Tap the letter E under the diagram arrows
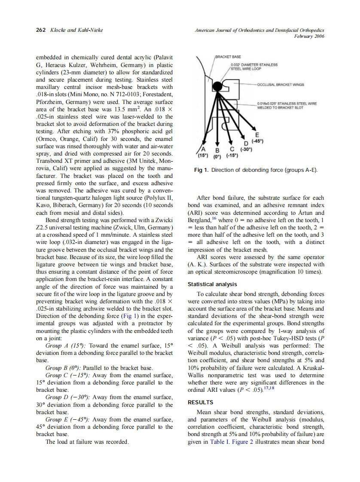click(256, 134)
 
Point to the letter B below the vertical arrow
click(217, 151)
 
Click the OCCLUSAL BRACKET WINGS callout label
click(281, 85)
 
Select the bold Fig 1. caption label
click(201, 171)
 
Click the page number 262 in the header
click(40, 30)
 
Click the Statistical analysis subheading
click(212, 284)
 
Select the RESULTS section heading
click(201, 403)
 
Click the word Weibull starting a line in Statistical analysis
click(199, 353)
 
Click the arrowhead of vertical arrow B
click(217, 143)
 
